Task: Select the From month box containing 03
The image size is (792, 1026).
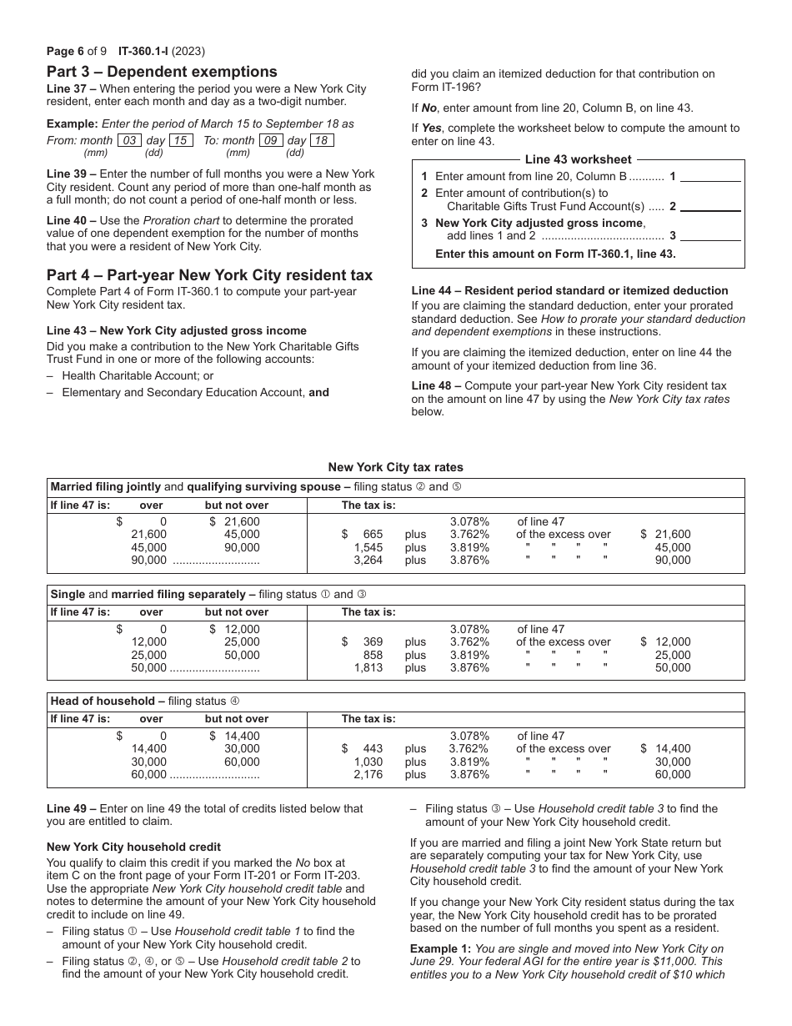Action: click(x=129, y=141)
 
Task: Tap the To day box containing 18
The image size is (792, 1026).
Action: click(x=322, y=141)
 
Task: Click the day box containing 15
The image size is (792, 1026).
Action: click(x=181, y=141)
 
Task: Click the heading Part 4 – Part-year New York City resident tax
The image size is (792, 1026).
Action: click(x=209, y=275)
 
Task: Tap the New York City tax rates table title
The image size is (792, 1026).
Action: click(x=395, y=467)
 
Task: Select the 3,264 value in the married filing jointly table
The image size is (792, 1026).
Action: click(x=368, y=561)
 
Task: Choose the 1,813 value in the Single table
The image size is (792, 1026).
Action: click(x=368, y=667)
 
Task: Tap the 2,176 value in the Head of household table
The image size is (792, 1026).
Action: click(x=368, y=774)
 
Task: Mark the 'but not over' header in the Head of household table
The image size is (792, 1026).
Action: click(x=237, y=719)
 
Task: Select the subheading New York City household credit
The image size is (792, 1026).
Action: click(x=133, y=847)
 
